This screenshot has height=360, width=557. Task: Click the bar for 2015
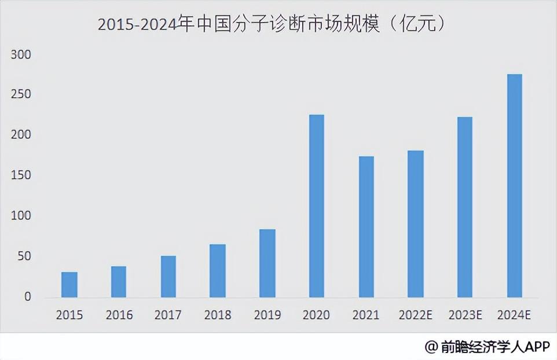coord(69,285)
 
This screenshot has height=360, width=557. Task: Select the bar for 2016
coord(119,282)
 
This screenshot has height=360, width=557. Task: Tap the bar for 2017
coord(168,277)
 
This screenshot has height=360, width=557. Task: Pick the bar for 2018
coord(218,271)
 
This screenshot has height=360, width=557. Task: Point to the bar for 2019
coord(267,263)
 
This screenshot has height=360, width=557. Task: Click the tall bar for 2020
coord(317,206)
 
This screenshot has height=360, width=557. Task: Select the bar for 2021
coord(366,227)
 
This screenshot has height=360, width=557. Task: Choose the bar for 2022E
coord(416,224)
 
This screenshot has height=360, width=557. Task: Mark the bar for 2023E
coord(465,207)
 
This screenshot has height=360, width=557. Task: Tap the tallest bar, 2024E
coord(515,186)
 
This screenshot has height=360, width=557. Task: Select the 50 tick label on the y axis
coord(24,256)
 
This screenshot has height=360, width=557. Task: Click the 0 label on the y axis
coord(27,297)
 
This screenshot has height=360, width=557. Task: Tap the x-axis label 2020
coord(317,315)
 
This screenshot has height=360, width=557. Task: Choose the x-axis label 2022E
coord(416,315)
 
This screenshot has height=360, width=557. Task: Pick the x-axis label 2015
coord(69,315)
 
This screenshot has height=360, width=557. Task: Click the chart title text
coord(272,24)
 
